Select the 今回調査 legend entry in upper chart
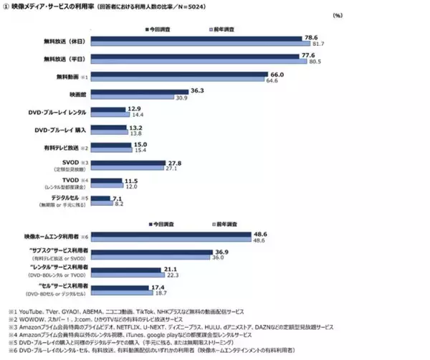[x=156, y=29]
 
